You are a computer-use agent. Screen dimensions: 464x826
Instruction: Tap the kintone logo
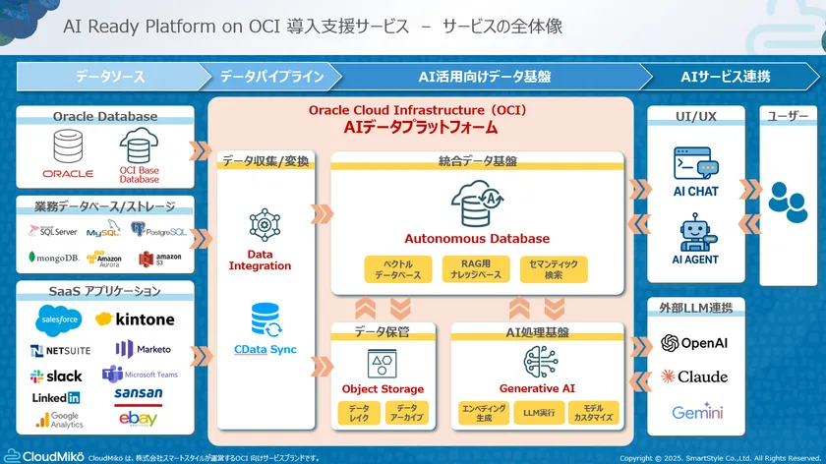coord(135,319)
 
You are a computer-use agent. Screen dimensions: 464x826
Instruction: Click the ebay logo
coord(138,419)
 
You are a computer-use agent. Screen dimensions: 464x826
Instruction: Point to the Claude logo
coord(695,377)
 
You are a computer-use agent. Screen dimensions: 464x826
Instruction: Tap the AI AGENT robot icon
coord(695,234)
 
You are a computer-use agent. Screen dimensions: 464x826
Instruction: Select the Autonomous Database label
coord(477,238)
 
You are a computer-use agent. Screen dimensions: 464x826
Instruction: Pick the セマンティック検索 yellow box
coord(556,268)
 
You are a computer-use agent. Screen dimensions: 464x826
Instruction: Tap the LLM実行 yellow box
coord(540,412)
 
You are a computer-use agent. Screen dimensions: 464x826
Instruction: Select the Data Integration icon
coord(265,224)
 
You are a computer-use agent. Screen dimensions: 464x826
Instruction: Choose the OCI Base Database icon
coord(139,150)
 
